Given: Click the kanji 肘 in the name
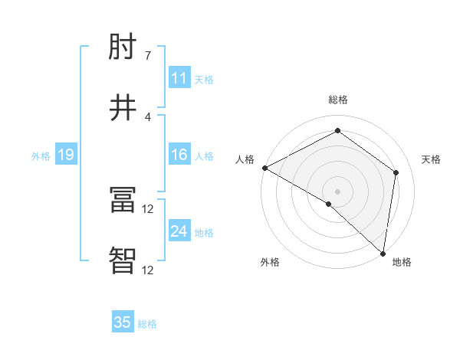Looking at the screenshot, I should tap(123, 49).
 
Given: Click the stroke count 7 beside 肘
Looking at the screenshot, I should tap(148, 56).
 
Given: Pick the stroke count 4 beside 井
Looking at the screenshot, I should tap(148, 116).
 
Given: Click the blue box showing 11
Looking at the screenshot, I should tap(179, 77).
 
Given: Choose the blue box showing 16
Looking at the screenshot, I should tap(179, 155).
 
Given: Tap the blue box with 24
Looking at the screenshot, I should tap(179, 231).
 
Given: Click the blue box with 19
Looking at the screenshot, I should tap(65, 155).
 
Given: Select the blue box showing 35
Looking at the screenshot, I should tap(123, 322).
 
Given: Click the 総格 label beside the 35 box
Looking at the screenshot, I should tap(147, 324).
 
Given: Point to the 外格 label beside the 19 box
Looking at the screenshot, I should tap(41, 156).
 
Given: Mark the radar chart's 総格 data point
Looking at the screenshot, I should tap(337, 131).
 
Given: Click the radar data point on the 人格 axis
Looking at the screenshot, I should tap(264, 168).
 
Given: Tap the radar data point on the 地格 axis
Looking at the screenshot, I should tap(383, 253).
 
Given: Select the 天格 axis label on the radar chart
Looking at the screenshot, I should tap(431, 159).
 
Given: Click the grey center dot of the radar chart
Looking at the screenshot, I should tap(337, 191).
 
